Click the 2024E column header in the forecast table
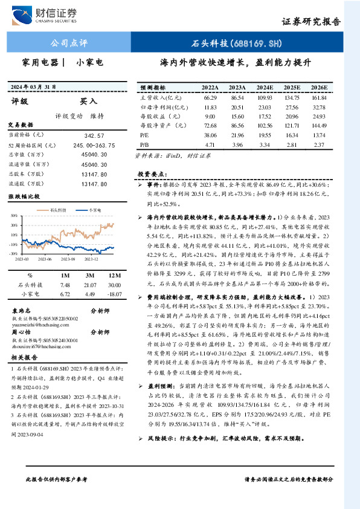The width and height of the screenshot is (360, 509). (265, 88)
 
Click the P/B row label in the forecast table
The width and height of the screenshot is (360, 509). (144, 145)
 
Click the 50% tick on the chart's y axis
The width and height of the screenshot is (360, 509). (13, 215)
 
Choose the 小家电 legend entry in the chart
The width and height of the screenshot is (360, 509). (94, 209)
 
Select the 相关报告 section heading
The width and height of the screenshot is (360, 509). (24, 358)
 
